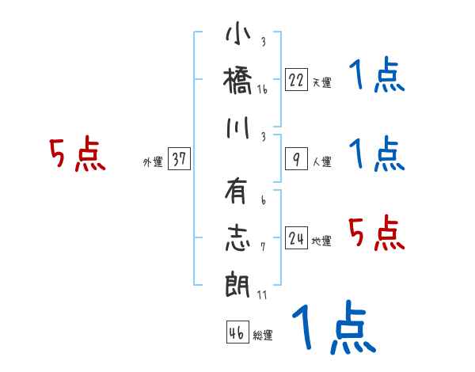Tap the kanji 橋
tap(238, 80)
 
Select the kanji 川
tap(238, 127)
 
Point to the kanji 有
tap(238, 193)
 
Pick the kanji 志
tap(238, 238)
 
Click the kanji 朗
tap(238, 284)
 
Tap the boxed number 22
tap(296, 79)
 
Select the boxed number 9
tap(296, 159)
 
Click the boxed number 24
tap(296, 238)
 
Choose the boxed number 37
tap(179, 159)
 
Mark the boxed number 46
tap(236, 333)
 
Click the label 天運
tap(321, 82)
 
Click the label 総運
tap(262, 336)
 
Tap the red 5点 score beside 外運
tap(77, 154)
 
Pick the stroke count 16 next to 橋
tap(262, 89)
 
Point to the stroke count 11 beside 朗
tap(262, 295)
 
